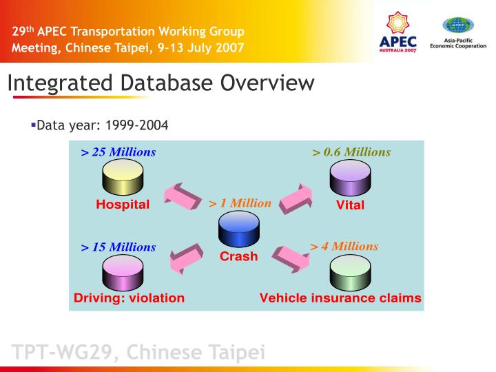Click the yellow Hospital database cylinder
pos(122,178)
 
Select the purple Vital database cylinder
pos(350,178)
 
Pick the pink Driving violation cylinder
pos(122,272)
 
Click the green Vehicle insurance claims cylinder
pos(350,272)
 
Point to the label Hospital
pos(123,205)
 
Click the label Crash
pos(238,257)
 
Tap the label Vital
pos(350,205)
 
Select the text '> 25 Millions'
pos(118,152)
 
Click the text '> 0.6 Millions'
pos(351,152)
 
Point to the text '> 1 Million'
pos(240,203)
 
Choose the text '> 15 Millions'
pos(118,247)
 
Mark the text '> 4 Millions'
pos(344,246)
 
